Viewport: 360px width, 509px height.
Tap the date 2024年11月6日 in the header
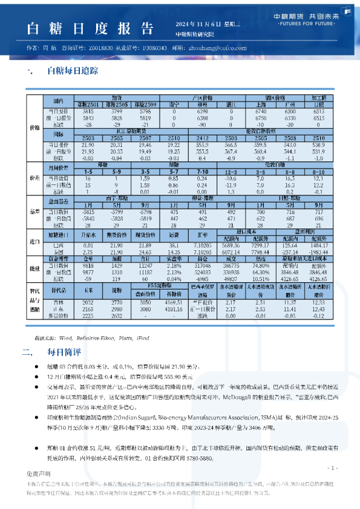coord(200,23)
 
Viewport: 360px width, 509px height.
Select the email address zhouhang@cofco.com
coord(217,47)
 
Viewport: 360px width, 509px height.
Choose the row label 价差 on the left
coord(34,178)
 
